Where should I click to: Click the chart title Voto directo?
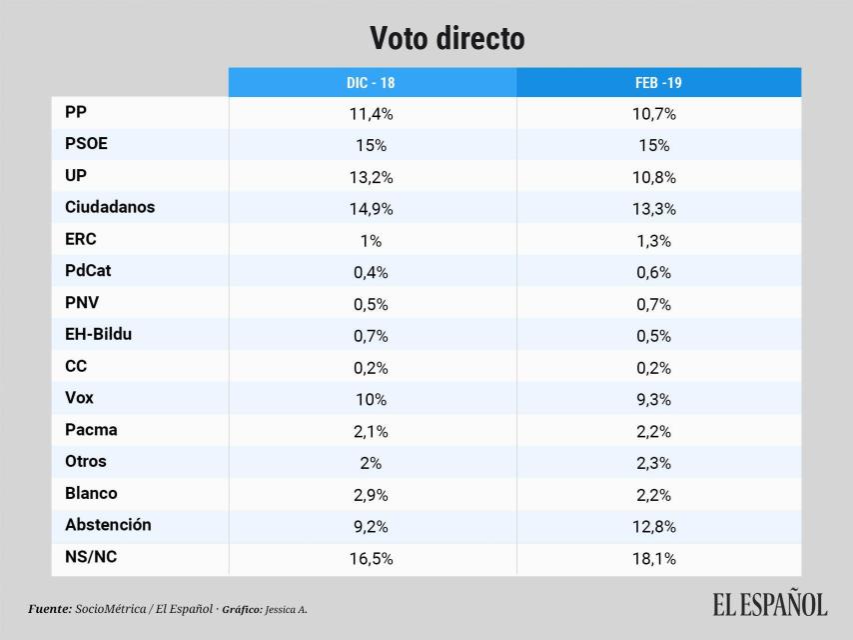(446, 38)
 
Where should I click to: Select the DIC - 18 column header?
(371, 83)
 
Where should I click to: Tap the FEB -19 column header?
(657, 83)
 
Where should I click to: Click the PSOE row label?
(86, 144)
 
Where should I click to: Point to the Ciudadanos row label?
(109, 208)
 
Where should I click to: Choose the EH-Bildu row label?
(98, 335)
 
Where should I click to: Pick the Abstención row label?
(108, 525)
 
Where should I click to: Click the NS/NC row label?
(90, 557)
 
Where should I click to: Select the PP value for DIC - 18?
(371, 114)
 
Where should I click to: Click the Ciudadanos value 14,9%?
(371, 209)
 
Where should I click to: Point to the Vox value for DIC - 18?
(371, 399)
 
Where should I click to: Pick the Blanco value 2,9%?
(371, 494)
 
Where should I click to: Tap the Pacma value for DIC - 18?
(371, 431)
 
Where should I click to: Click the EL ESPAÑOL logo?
(769, 605)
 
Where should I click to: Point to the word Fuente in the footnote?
(49, 608)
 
